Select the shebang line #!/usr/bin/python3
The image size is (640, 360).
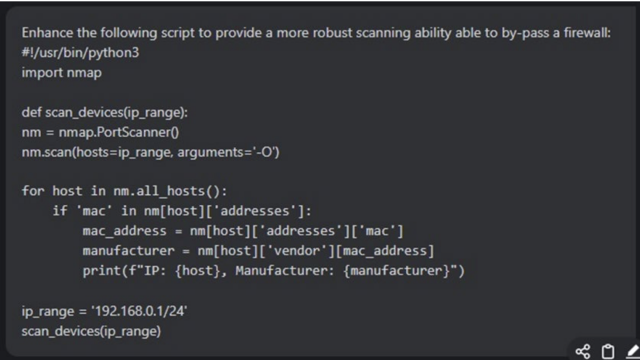click(x=80, y=52)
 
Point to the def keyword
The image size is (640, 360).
click(x=31, y=112)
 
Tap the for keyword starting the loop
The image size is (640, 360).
click(x=32, y=191)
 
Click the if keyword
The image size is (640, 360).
click(x=59, y=211)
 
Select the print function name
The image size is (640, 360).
click(x=98, y=271)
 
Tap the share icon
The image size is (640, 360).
click(x=582, y=351)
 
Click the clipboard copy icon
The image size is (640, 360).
click(x=607, y=351)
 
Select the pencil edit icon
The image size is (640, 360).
click(x=631, y=351)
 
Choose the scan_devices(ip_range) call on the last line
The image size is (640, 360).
click(x=91, y=331)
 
